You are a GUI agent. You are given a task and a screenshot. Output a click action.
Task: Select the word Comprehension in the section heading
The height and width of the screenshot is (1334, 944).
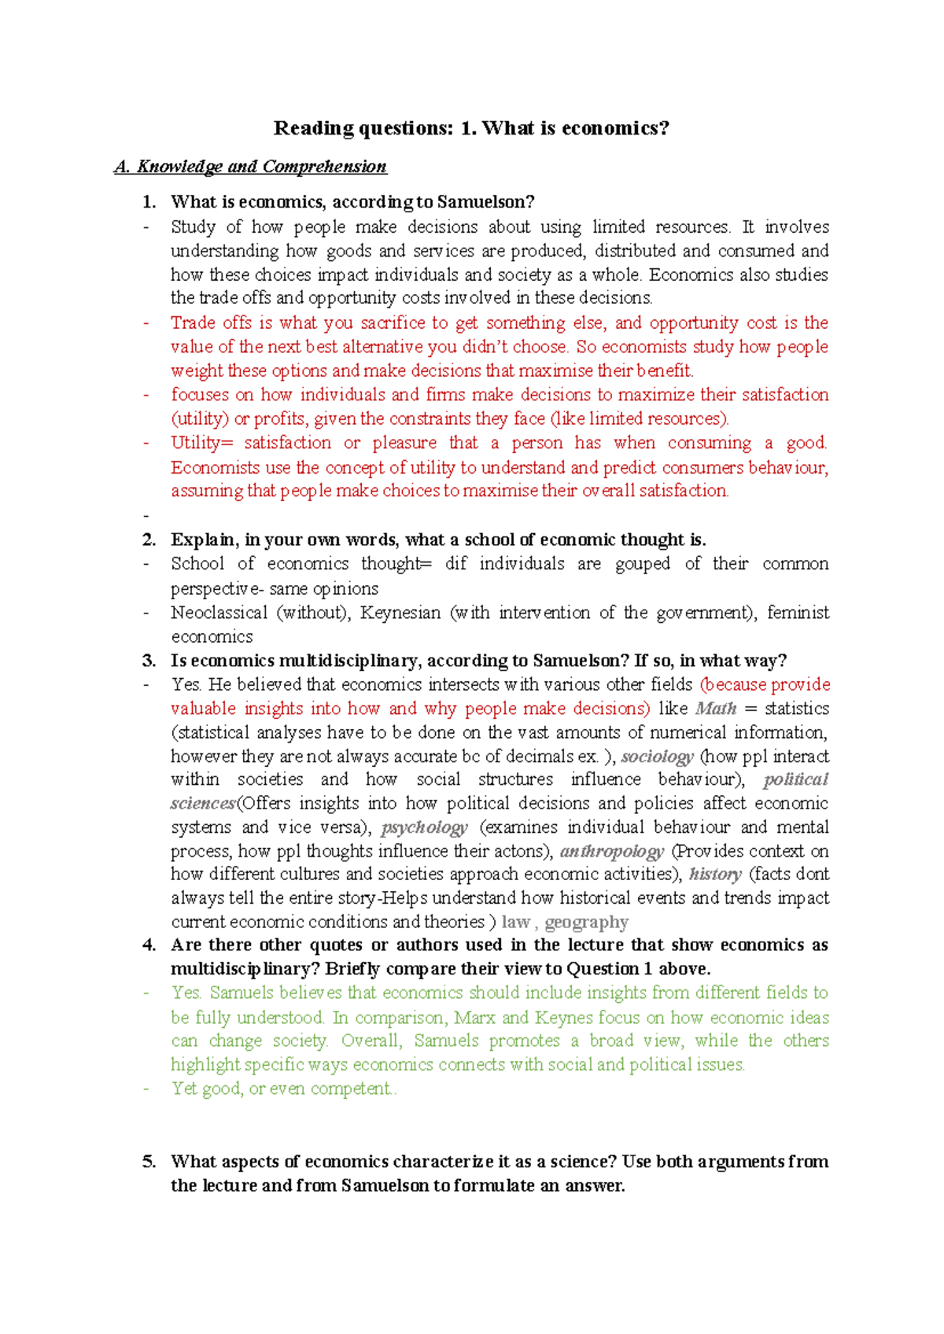(324, 167)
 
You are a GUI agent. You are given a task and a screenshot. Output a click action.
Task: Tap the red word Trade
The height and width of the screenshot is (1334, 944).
(192, 322)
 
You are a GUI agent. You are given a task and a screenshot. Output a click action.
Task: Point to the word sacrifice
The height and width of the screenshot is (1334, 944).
(393, 322)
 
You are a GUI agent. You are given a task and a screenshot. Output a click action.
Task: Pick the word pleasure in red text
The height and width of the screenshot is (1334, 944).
(404, 443)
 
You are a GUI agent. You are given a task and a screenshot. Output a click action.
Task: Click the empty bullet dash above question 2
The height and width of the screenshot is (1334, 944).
(146, 516)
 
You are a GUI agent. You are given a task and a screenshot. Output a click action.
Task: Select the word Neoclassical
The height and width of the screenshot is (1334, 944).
(219, 613)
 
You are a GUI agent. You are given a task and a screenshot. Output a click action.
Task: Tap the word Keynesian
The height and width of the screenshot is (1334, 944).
(400, 613)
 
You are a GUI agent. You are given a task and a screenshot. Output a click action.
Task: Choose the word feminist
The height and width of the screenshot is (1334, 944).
(798, 613)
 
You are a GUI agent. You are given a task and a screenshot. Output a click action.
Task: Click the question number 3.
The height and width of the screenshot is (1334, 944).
(149, 661)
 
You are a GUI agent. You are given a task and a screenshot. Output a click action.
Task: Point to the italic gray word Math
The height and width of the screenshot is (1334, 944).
(716, 709)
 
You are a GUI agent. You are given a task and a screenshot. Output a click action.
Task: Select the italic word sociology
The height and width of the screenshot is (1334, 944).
(657, 757)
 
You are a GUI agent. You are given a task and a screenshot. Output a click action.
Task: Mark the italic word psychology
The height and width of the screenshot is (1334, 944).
(424, 827)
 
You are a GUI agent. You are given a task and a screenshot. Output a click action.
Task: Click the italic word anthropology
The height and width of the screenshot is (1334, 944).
(611, 851)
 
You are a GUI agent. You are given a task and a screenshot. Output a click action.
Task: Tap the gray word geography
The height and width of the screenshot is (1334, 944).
(586, 922)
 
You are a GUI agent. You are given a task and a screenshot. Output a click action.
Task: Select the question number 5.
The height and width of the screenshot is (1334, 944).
(149, 1162)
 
